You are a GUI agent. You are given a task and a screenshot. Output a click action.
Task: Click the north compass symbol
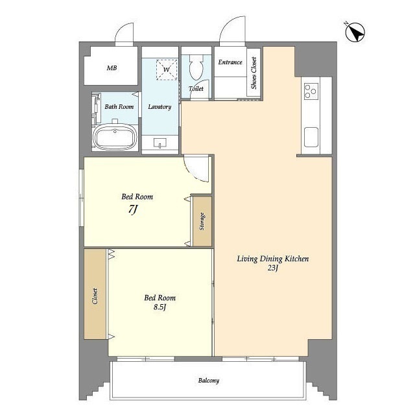[x=355, y=32]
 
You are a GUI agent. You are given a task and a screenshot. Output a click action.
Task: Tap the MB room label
[x=112, y=68]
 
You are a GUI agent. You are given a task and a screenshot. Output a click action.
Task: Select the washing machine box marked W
[x=167, y=69]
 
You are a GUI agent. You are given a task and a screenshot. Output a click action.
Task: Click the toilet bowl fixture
[x=196, y=67]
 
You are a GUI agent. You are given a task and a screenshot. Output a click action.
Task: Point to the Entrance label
[x=230, y=62]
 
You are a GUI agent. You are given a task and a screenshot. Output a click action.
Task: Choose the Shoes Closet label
[x=254, y=73]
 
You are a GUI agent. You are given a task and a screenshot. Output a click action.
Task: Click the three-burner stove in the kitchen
[x=311, y=91]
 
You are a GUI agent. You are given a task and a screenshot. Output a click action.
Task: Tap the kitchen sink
[x=311, y=137]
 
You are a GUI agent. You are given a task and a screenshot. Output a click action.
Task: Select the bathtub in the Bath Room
[x=115, y=137]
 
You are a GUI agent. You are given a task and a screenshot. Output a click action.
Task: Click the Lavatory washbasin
[x=160, y=143]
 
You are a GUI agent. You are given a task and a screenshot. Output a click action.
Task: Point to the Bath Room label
[x=119, y=106]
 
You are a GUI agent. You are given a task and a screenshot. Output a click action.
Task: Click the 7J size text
[x=133, y=210]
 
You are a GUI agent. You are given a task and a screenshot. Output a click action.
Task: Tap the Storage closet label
[x=202, y=221]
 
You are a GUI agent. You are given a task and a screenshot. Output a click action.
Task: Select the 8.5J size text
[x=160, y=307]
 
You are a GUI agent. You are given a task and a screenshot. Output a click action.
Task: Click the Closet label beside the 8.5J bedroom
[x=95, y=296]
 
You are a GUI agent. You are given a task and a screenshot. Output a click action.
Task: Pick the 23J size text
[x=272, y=268]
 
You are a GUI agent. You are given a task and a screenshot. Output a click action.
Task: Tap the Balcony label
[x=209, y=381]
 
